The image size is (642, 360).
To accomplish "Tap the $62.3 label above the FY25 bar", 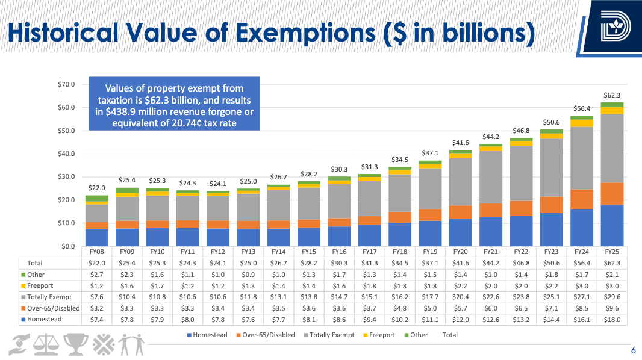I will [x=612, y=95].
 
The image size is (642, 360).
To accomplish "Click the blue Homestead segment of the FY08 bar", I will [x=97, y=238].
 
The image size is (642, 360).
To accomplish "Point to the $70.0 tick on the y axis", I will [x=66, y=84].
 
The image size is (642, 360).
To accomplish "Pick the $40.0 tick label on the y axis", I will [x=66, y=154].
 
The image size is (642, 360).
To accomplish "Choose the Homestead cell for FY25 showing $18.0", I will [x=612, y=320].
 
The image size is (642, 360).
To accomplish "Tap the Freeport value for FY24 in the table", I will [x=582, y=286].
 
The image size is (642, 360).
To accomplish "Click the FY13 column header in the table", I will [x=248, y=252].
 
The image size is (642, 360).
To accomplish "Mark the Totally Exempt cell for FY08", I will [x=97, y=297].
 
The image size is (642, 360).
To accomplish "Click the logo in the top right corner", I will [x=614, y=27].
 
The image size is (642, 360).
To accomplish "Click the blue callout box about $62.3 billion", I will [x=174, y=103].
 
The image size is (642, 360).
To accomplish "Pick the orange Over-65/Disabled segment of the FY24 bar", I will [x=582, y=199].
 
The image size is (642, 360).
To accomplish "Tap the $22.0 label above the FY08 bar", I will [x=97, y=188].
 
